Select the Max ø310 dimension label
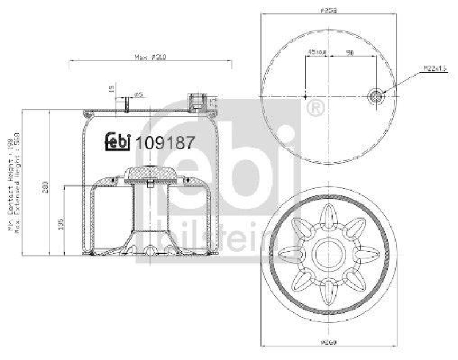click(x=149, y=57)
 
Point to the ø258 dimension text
click(x=327, y=10)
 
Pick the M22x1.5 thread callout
click(x=435, y=68)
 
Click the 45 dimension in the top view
click(x=317, y=52)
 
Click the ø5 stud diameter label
click(x=138, y=94)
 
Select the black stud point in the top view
click(x=306, y=96)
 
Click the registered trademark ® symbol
click(x=314, y=107)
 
